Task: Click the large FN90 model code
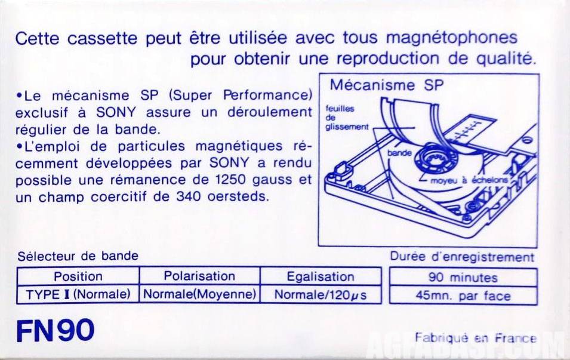(x=56, y=331)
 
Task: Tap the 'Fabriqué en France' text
(x=476, y=338)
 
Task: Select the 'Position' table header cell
(x=78, y=276)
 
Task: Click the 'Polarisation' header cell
(x=199, y=276)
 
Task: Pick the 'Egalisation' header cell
(x=321, y=276)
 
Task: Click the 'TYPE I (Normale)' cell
(x=78, y=294)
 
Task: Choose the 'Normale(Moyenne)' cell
(x=199, y=294)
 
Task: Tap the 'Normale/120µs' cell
(x=321, y=294)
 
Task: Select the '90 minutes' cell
(x=463, y=278)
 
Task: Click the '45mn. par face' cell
(x=463, y=296)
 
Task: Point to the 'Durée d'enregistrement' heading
(x=462, y=257)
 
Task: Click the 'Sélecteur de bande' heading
(x=78, y=256)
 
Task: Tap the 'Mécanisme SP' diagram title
(x=387, y=85)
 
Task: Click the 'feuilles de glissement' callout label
(x=346, y=118)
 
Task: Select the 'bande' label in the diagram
(x=399, y=153)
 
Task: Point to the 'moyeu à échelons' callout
(x=469, y=180)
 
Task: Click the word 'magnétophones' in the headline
(x=451, y=38)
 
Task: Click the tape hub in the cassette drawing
(x=435, y=159)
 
